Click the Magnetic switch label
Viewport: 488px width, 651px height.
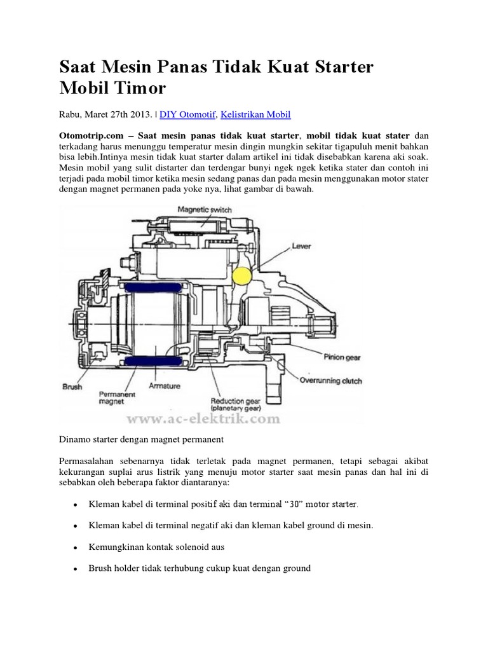point(205,209)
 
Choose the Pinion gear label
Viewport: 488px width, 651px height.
point(343,357)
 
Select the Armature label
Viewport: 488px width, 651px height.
point(164,385)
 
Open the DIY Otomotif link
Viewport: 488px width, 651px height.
point(188,115)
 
